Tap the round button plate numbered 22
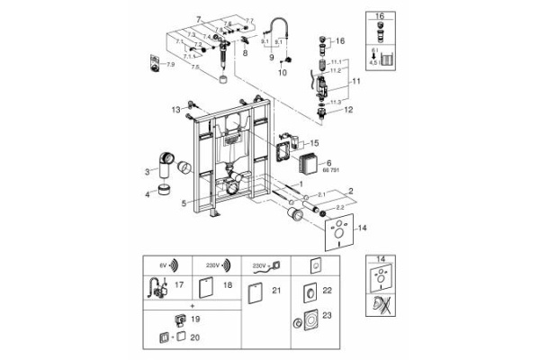point(310,290)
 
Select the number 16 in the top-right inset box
point(378,15)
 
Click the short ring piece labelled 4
point(165,190)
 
